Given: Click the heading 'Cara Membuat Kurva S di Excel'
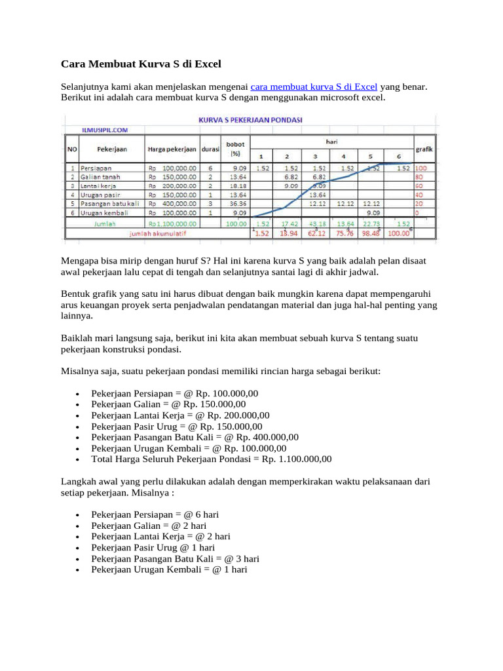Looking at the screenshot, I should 141,64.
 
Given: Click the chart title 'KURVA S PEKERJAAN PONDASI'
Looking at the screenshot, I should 255,121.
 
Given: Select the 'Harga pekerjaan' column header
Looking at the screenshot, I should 171,149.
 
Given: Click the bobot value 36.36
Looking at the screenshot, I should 234,204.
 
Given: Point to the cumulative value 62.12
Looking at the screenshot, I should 316,232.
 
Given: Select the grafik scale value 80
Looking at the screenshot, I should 420,176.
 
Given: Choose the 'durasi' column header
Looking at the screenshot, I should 210,149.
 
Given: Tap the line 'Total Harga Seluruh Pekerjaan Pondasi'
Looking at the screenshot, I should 212,459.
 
